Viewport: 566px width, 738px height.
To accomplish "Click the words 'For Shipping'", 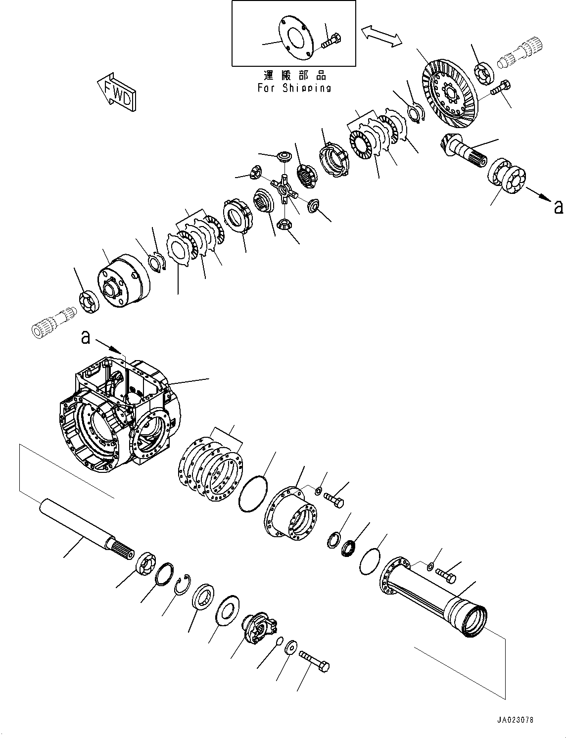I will [294, 88].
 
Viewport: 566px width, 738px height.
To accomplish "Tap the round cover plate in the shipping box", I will [295, 37].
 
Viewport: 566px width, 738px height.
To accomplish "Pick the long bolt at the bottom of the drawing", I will [314, 661].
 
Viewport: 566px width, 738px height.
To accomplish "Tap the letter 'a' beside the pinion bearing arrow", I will [559, 207].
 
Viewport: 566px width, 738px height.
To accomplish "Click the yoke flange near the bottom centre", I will [259, 629].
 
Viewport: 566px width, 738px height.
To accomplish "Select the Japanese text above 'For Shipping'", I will [294, 76].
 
